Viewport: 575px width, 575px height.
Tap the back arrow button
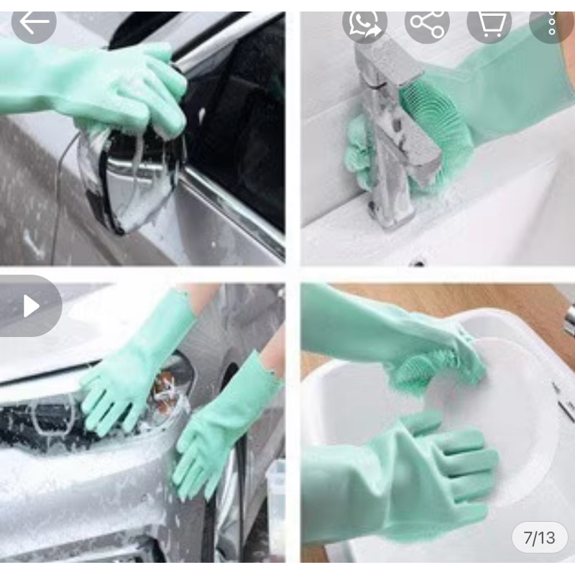pos(34,23)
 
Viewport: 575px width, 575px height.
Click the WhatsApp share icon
pos(364,23)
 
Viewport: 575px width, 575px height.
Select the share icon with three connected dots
pos(427,23)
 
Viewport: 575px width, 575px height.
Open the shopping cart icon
pos(489,23)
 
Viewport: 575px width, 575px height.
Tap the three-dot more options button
pos(552,23)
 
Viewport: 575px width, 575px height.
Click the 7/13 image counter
pos(540,538)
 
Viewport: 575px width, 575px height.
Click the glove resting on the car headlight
pos(136,367)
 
